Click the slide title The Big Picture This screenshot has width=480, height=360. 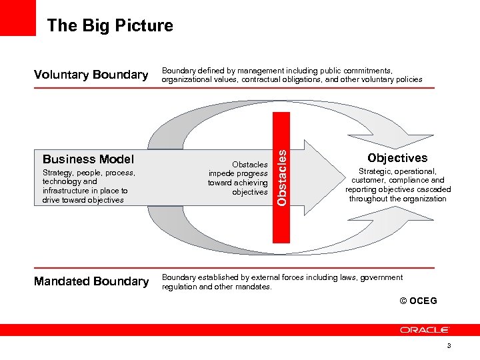coord(110,26)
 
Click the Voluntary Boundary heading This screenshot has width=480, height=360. coord(91,75)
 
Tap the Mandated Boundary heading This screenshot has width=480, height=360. coord(91,281)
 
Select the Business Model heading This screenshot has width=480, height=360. coord(88,159)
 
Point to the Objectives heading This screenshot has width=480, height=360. coord(397,158)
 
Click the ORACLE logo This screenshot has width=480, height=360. coord(425,329)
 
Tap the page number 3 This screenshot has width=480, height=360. coord(449,346)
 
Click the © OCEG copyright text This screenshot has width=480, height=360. coord(419,301)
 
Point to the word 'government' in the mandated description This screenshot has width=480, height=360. coord(380,277)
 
